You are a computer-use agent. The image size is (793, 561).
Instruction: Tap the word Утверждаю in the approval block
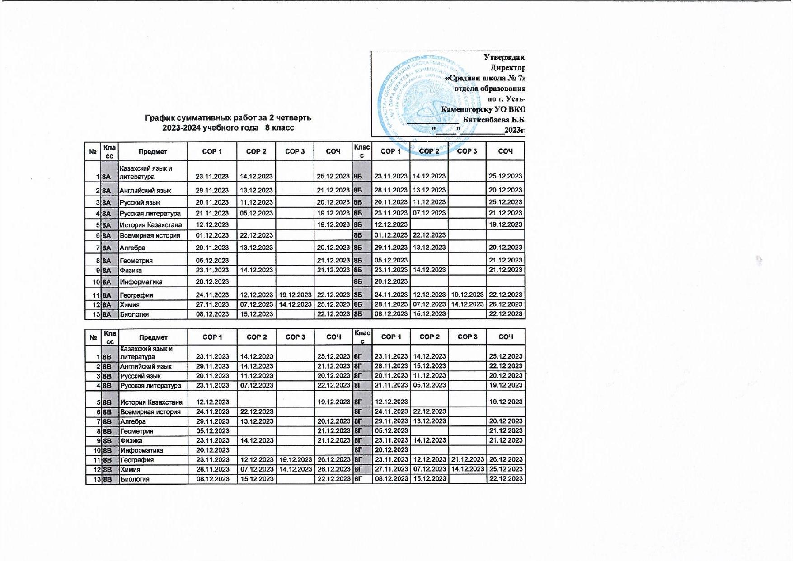pos(504,57)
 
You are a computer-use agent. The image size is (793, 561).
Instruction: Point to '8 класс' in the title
pos(279,128)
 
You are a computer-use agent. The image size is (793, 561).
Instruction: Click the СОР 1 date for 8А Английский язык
pos(212,191)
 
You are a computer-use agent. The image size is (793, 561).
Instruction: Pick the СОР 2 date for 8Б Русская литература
pos(429,213)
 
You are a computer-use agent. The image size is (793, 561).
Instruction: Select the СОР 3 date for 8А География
pos(295,295)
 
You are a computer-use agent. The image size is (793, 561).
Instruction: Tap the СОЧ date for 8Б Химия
pos(505,304)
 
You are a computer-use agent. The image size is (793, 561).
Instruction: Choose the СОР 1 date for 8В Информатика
pos(212,450)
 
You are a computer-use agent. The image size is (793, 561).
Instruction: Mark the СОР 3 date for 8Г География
pos(467,460)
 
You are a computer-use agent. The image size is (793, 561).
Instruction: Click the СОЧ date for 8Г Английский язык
pos(506,366)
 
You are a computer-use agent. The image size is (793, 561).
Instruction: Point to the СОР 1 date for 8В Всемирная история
pos(212,411)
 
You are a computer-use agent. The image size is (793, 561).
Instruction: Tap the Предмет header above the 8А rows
pos(153,152)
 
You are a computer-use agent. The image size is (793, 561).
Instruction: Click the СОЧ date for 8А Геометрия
pos(333,261)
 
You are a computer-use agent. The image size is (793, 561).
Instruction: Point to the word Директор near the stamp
pos(507,68)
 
